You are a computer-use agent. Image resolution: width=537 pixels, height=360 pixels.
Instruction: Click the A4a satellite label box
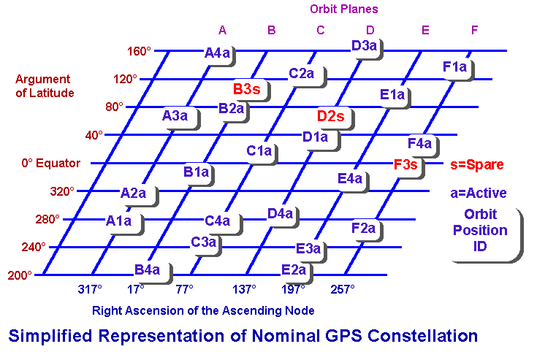[218, 53]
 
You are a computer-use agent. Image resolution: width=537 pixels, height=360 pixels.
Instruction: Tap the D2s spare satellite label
[330, 115]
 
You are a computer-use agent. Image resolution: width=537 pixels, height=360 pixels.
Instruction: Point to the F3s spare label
[405, 164]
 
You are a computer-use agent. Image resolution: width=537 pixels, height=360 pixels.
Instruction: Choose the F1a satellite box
[454, 67]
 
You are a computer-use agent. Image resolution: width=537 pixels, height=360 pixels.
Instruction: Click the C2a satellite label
[301, 74]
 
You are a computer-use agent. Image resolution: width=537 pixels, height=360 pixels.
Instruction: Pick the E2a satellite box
[294, 270]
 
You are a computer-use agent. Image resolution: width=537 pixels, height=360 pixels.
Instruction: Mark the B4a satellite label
[147, 270]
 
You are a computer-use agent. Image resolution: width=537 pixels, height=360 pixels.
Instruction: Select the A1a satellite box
[118, 221]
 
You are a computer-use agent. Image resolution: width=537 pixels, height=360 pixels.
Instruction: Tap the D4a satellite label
[280, 213]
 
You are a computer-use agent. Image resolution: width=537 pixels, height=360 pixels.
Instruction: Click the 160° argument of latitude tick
[139, 51]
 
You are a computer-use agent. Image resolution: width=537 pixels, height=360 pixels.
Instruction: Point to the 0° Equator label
[50, 164]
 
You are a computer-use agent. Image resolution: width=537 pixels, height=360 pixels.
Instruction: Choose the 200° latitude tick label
[20, 275]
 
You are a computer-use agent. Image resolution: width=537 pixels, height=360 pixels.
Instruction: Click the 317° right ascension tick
[89, 289]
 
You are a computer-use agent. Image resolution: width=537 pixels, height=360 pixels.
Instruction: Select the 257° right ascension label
[343, 289]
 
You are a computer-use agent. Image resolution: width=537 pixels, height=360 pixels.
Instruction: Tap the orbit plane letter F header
[475, 30]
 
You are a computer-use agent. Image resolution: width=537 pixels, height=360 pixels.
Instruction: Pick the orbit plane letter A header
[222, 30]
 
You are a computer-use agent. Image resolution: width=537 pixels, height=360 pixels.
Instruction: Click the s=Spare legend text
[477, 164]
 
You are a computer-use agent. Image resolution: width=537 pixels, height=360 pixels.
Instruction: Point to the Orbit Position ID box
[485, 230]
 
